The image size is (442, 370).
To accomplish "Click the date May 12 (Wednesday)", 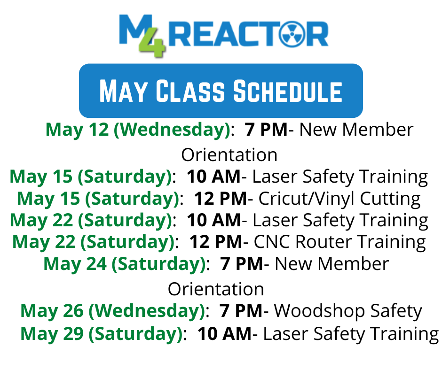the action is pyautogui.click(x=138, y=130).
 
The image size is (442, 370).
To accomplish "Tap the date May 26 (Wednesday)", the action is pyautogui.click(x=113, y=311).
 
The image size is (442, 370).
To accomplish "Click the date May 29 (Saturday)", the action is pyautogui.click(x=102, y=334).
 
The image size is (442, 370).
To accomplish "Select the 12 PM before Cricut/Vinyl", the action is pyautogui.click(x=221, y=199).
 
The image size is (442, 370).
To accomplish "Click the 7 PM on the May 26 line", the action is pyautogui.click(x=241, y=311).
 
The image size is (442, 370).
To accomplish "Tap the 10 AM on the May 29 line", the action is pyautogui.click(x=224, y=334).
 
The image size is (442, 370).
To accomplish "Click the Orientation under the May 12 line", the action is pyautogui.click(x=229, y=155).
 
